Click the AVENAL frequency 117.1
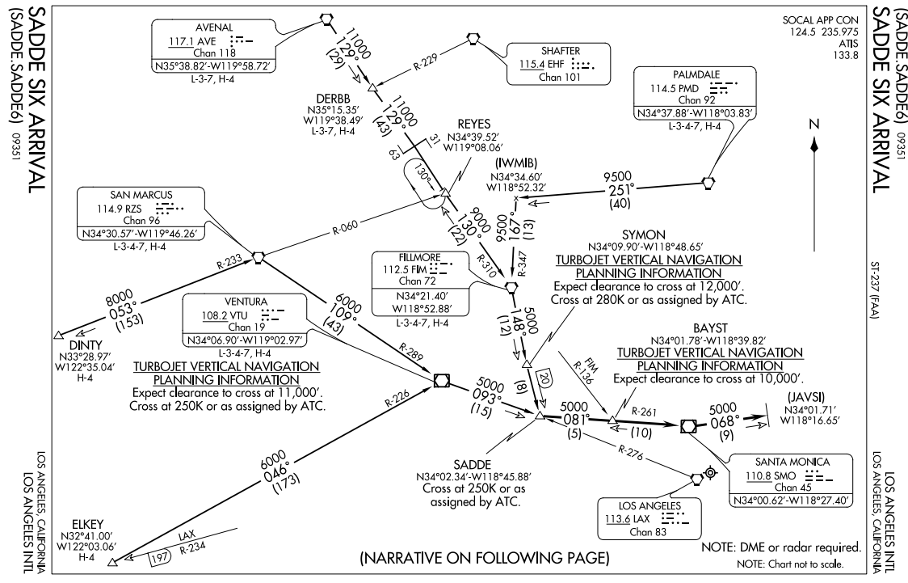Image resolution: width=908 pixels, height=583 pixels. pyautogui.click(x=181, y=42)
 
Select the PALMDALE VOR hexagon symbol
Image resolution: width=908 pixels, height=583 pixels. pyautogui.click(x=708, y=183)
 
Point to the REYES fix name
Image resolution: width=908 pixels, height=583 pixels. pyautogui.click(x=473, y=124)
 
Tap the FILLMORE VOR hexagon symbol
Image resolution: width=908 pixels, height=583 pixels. pyautogui.click(x=511, y=286)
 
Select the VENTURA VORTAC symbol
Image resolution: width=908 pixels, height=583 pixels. pyautogui.click(x=441, y=380)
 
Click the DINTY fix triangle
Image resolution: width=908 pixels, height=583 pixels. pyautogui.click(x=58, y=335)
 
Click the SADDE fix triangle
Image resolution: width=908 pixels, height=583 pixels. pyautogui.click(x=540, y=416)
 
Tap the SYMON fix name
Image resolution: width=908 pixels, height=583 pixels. pyautogui.click(x=643, y=235)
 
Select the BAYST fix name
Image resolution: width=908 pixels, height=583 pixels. pyautogui.click(x=710, y=328)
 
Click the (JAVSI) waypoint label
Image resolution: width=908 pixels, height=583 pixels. pyautogui.click(x=805, y=398)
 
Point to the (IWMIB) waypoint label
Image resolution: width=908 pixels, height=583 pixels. pyautogui.click(x=516, y=163)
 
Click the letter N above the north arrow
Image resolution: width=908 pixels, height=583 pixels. pyautogui.click(x=814, y=125)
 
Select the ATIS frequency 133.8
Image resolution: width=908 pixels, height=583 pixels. pyautogui.click(x=846, y=55)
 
